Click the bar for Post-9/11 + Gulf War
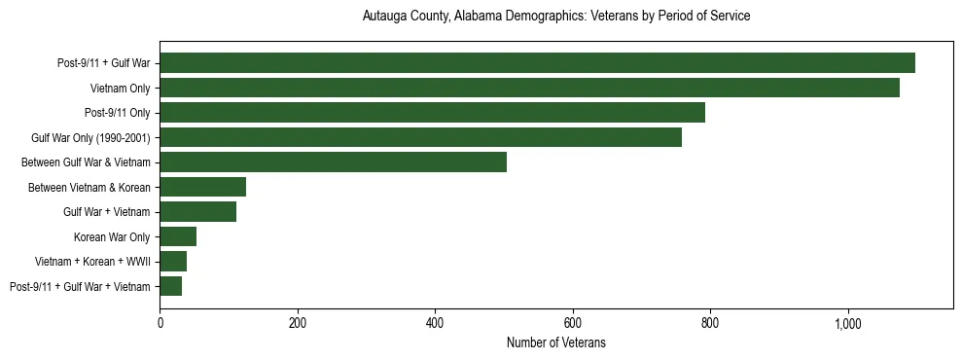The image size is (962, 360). pyautogui.click(x=537, y=63)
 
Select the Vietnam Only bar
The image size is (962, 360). pyautogui.click(x=529, y=88)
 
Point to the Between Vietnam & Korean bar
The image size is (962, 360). pyautogui.click(x=202, y=187)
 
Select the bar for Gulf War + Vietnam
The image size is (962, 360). pyautogui.click(x=197, y=212)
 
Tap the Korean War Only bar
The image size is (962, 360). pyautogui.click(x=178, y=236)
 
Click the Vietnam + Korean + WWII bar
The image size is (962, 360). pyautogui.click(x=173, y=261)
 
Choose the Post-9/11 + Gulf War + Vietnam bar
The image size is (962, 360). pyautogui.click(x=170, y=286)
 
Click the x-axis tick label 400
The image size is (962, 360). pyautogui.click(x=435, y=322)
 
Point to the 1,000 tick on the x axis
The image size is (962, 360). pyautogui.click(x=847, y=322)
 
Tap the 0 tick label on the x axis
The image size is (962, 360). pyautogui.click(x=160, y=322)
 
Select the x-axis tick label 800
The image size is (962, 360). pyautogui.click(x=710, y=322)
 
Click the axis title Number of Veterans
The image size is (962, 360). pyautogui.click(x=556, y=342)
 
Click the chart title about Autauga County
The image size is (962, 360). pyautogui.click(x=556, y=17)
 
